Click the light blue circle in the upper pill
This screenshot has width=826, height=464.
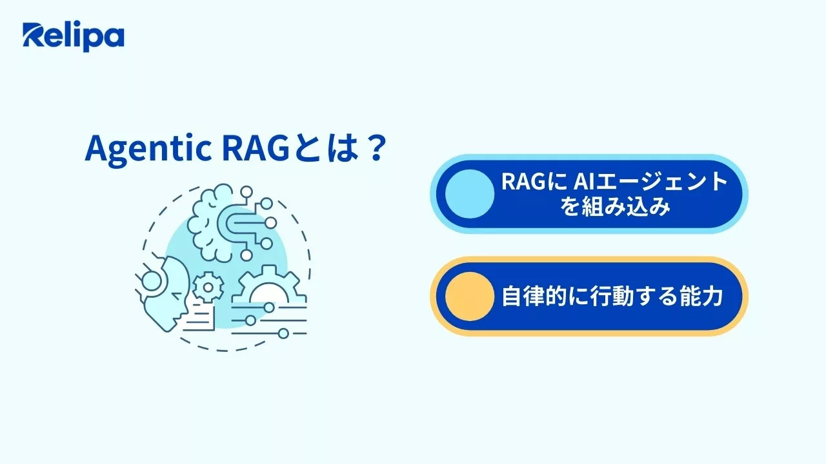click(x=469, y=193)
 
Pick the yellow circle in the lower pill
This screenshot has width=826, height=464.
click(x=469, y=296)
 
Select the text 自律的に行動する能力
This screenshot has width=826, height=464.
click(x=612, y=296)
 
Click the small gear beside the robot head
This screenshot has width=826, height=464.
click(x=208, y=287)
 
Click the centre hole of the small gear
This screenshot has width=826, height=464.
click(x=208, y=287)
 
